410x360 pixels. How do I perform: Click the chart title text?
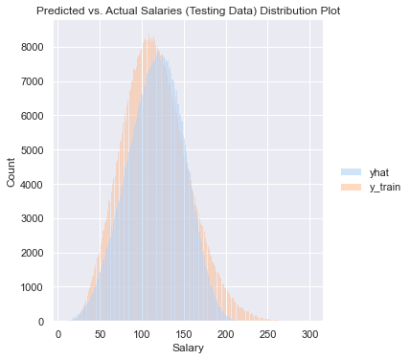pyautogui.click(x=188, y=11)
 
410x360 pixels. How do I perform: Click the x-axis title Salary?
pyautogui.click(x=188, y=349)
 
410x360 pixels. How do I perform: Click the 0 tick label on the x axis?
pyautogui.click(x=58, y=334)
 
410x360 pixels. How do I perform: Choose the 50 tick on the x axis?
pyautogui.click(x=101, y=334)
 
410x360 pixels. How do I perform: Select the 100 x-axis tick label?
pyautogui.click(x=143, y=334)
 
